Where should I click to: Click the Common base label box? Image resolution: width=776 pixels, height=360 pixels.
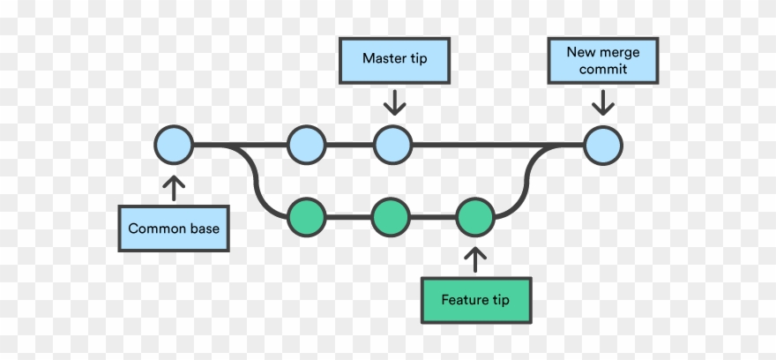[174, 229]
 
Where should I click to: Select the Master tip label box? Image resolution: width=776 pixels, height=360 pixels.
[395, 59]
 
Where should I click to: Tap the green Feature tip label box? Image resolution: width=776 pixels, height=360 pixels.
[476, 300]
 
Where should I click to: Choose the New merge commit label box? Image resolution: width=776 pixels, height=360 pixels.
[604, 60]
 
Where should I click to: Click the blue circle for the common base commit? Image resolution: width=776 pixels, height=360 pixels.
[173, 144]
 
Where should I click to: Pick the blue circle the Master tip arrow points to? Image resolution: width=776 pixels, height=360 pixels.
[393, 144]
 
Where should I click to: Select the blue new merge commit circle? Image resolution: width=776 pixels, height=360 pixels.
[603, 144]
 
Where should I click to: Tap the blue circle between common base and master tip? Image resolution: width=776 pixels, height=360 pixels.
[307, 144]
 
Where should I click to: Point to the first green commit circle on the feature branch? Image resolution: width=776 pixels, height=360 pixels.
[307, 215]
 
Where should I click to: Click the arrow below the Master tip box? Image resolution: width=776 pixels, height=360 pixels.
[394, 102]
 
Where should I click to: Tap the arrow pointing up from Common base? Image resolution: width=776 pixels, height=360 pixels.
[174, 186]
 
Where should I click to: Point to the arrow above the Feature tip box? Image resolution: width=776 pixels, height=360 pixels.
[476, 258]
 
